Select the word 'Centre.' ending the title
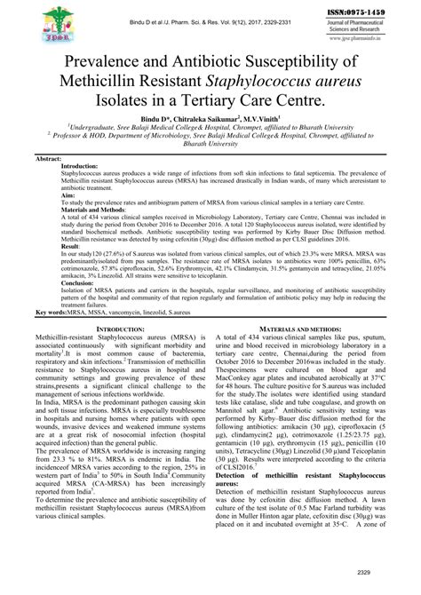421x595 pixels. [318, 107]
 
